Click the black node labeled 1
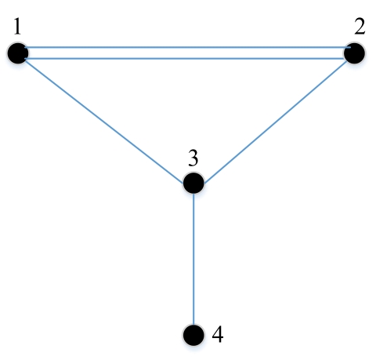point(18,53)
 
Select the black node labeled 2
point(354,53)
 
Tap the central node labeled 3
point(193,183)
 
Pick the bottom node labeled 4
point(193,335)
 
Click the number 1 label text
point(17,27)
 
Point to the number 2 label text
point(360,27)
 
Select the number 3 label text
point(193,158)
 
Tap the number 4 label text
point(218,334)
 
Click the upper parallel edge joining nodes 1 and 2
point(187,47)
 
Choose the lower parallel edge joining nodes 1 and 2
point(186,59)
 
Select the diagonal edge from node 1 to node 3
point(104,122)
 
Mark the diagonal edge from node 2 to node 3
point(276,122)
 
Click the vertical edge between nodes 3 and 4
point(193,259)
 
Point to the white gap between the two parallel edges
point(186,53)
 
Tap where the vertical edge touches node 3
point(193,194)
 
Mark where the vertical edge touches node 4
point(193,325)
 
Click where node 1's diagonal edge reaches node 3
point(183,183)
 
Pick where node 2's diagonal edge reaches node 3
point(204,183)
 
